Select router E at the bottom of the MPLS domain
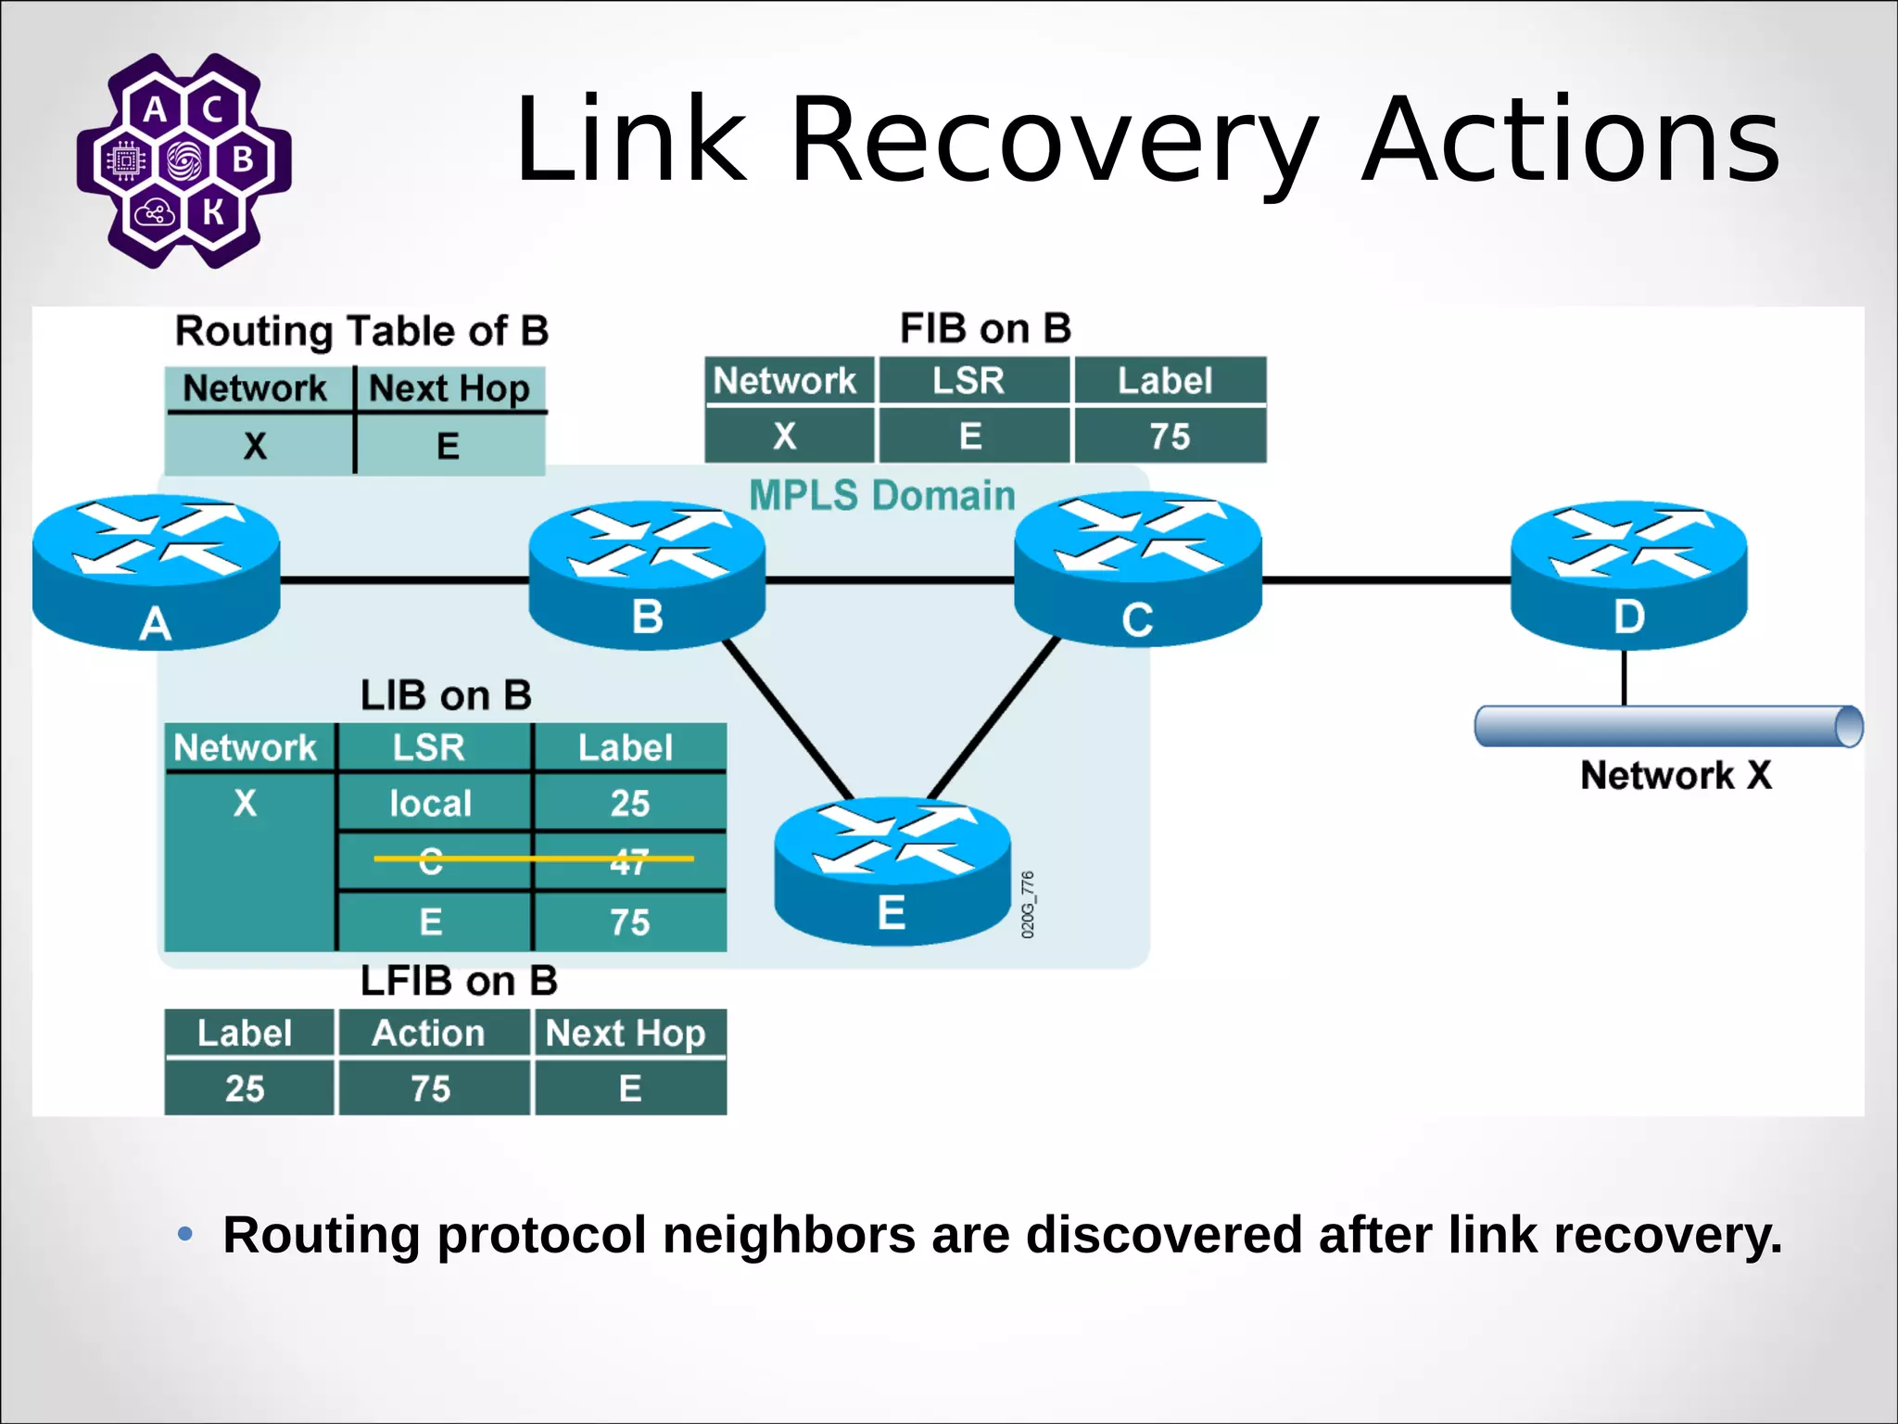[892, 871]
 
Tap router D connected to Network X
[1628, 575]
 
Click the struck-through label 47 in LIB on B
[629, 862]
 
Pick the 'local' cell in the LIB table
[431, 803]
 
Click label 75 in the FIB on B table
[1170, 437]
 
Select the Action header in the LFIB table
[429, 1033]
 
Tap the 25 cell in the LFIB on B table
[246, 1088]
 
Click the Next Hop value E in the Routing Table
[449, 446]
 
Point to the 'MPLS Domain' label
[882, 495]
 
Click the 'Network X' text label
[1676, 775]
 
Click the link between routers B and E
[789, 718]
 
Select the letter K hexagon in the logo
[214, 212]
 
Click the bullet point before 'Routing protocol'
[185, 1234]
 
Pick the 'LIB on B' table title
[446, 695]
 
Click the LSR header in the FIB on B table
[968, 381]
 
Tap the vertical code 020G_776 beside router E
[1028, 905]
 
